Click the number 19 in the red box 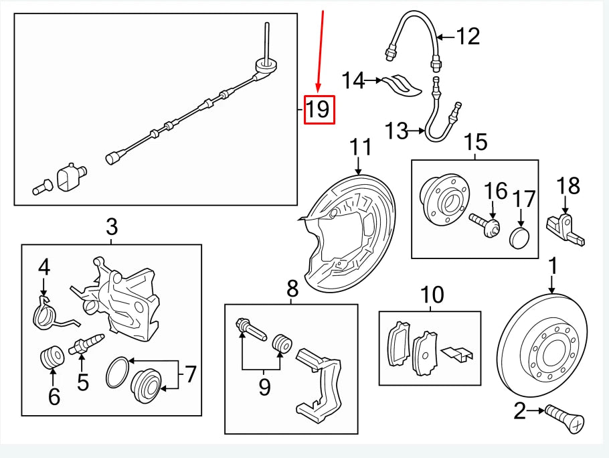coord(318,109)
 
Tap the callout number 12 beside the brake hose coord(468,35)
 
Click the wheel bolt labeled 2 coord(566,418)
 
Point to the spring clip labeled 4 coord(46,314)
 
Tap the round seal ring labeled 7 coord(116,372)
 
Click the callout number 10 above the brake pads coord(432,294)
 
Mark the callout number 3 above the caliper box coord(111,227)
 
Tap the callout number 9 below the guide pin coord(264,386)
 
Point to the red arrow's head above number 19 coord(319,88)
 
